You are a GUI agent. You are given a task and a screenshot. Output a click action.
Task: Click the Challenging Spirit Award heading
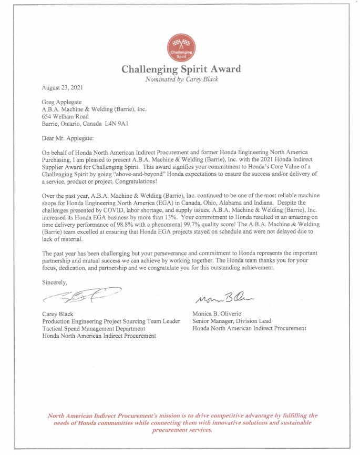[181, 69]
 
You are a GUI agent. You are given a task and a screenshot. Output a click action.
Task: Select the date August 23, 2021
[62, 87]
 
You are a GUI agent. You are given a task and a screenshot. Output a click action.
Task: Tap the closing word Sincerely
[55, 282]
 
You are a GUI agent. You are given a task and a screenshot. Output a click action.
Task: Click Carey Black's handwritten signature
[81, 297]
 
